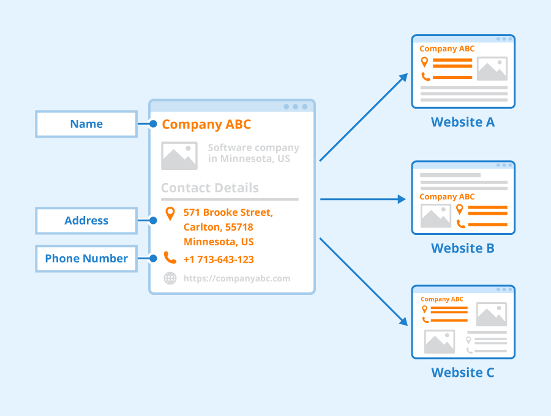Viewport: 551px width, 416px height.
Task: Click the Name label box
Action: [x=86, y=124]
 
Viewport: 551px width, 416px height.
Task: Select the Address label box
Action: [x=86, y=221]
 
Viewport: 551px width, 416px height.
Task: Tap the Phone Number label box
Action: [x=86, y=259]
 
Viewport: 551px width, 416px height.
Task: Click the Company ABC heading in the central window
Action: [x=206, y=125]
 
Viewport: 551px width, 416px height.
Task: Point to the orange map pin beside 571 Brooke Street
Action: [x=170, y=214]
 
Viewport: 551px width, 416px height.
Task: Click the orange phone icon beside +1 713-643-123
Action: [x=170, y=258]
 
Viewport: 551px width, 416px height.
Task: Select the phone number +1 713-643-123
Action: [x=219, y=259]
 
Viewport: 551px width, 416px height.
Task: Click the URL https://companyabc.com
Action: [x=237, y=278]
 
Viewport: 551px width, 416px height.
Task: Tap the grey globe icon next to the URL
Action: [x=170, y=278]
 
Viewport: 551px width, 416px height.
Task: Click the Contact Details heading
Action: [x=210, y=188]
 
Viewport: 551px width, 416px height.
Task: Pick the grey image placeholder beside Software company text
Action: [x=179, y=155]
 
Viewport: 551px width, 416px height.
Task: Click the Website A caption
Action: [x=463, y=122]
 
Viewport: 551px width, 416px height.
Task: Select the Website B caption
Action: [x=463, y=248]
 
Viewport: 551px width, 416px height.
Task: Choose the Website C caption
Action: [x=463, y=373]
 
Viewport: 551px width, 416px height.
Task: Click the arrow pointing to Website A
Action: [x=364, y=117]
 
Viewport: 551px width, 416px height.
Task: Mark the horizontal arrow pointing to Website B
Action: [x=363, y=199]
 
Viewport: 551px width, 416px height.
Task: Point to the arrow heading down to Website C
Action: [x=364, y=281]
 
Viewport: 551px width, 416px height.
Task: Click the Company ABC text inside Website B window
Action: [x=447, y=197]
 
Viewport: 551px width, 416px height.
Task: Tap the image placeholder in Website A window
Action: [x=492, y=69]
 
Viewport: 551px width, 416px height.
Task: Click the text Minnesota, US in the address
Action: [x=219, y=242]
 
